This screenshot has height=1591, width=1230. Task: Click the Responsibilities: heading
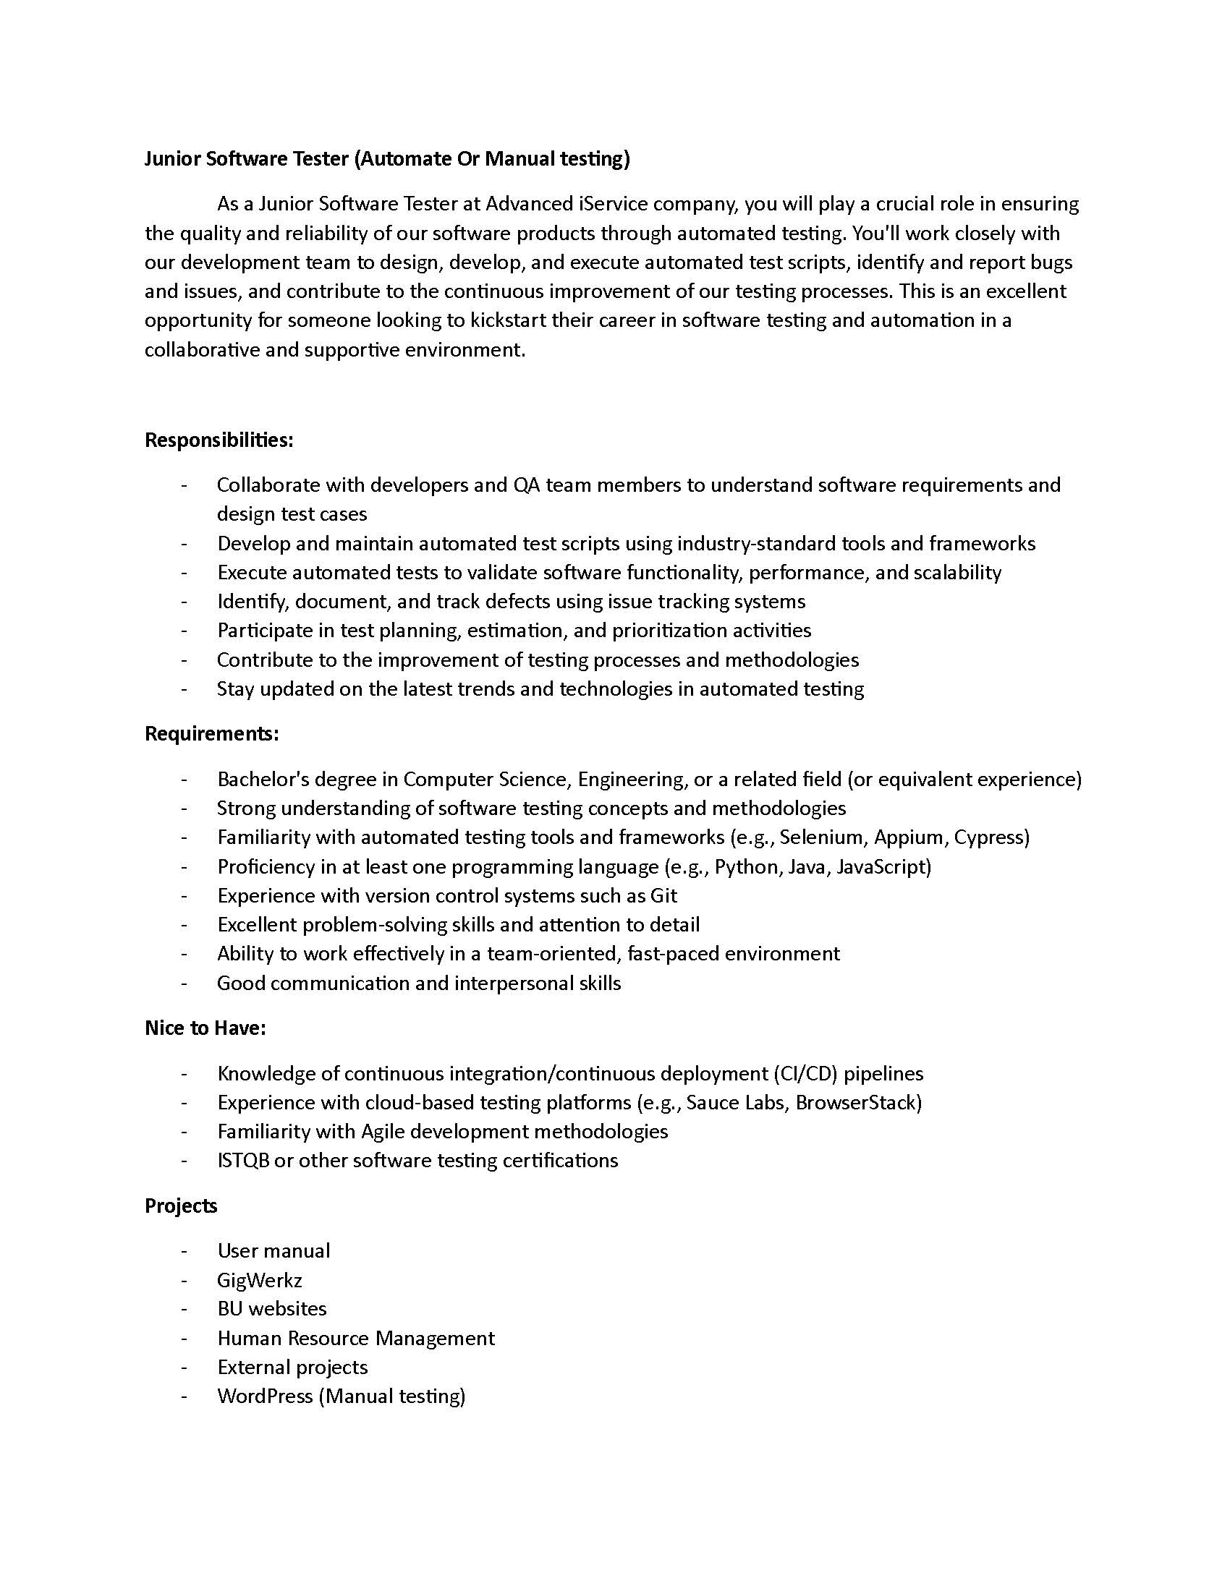click(x=219, y=440)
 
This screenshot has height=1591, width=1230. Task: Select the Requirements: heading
click(x=211, y=733)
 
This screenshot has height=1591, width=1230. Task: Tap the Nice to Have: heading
click(x=205, y=1028)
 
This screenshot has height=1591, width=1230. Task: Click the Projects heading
click(x=181, y=1206)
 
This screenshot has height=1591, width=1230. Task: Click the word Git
click(x=663, y=895)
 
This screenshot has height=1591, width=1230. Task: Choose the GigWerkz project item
click(x=260, y=1280)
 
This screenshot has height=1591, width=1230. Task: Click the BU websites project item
click(x=272, y=1309)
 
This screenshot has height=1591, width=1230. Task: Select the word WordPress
click(x=265, y=1396)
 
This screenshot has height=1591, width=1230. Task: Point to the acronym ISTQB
click(x=243, y=1161)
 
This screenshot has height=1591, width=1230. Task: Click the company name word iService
click(x=613, y=204)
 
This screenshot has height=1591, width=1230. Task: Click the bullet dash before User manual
click(x=184, y=1251)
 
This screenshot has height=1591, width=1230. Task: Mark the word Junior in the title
click(x=172, y=159)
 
